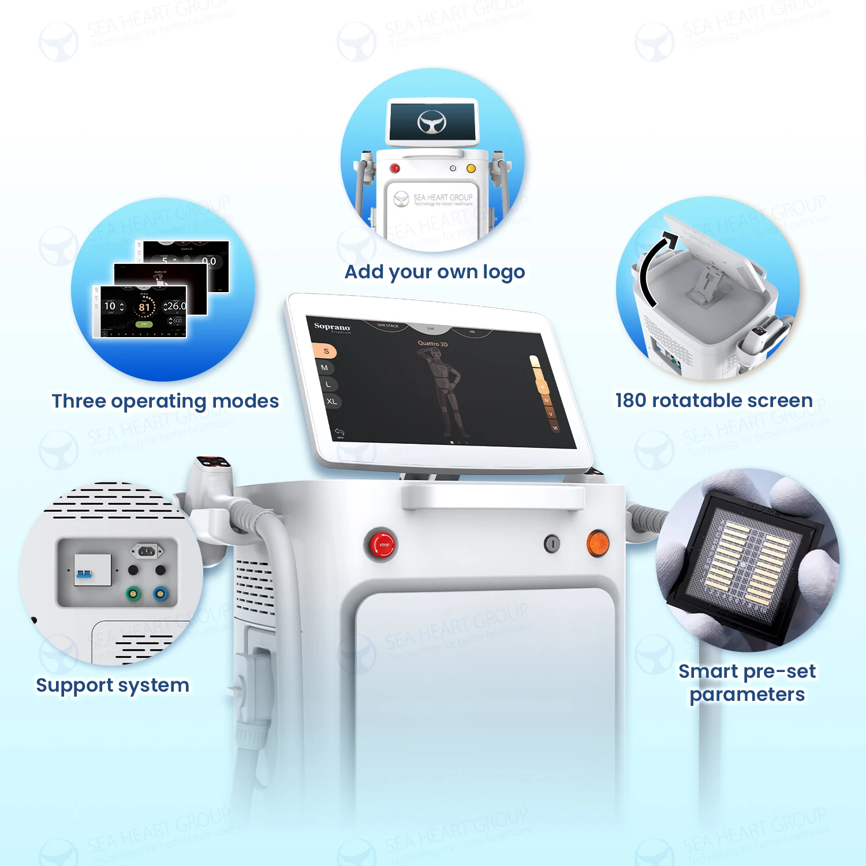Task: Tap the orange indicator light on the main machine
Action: pos(598,544)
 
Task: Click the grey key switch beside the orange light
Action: pos(552,543)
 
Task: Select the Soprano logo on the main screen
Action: pos(332,327)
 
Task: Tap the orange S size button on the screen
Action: pos(325,351)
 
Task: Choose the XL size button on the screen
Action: pos(331,401)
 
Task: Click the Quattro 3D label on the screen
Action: pos(432,344)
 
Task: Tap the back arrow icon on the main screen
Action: pos(339,432)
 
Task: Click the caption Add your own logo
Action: pos(434,271)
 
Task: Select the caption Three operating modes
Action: pos(165,401)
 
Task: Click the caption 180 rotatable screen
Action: pos(714,400)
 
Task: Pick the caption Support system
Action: pos(113,685)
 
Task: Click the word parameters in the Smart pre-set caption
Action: pos(746,695)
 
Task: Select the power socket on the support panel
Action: pos(147,551)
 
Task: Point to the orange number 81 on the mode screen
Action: pos(144,307)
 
